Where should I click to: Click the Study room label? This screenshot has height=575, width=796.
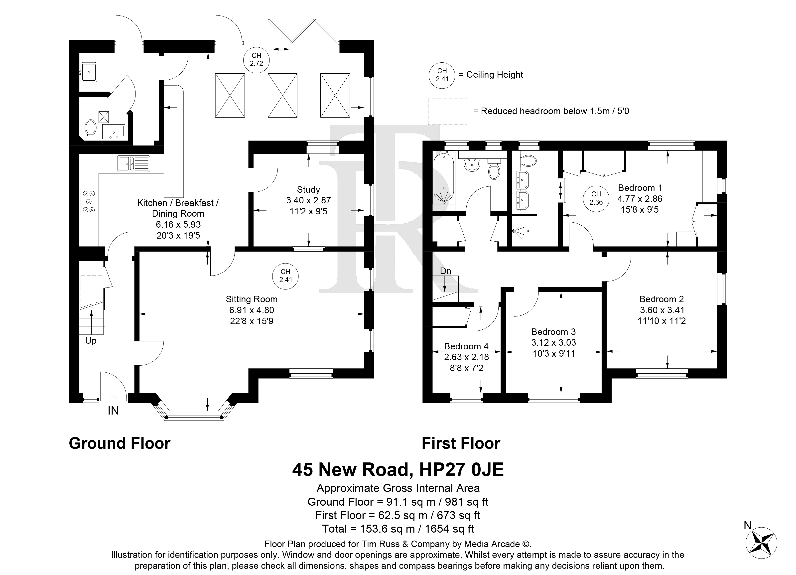point(308,190)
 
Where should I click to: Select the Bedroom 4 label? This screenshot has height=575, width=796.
point(466,346)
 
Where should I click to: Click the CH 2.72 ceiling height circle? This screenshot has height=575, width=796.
point(257,60)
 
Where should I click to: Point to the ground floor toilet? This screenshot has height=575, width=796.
point(91,128)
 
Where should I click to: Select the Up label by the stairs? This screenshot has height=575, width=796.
point(91,341)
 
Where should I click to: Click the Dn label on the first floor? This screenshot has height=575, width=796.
point(445,271)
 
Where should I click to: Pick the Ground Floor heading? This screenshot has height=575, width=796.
point(120,443)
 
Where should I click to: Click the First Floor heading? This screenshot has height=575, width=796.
point(461,443)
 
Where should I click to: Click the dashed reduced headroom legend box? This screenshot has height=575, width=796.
point(447,112)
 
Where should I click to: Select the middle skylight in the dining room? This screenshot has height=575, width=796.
point(282,96)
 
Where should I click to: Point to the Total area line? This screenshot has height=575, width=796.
point(398,529)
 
